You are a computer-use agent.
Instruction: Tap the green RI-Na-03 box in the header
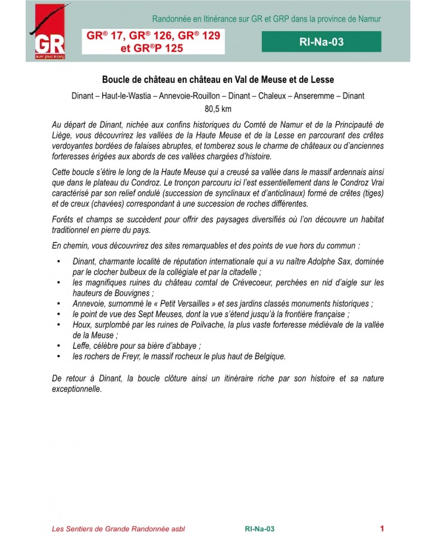(321, 41)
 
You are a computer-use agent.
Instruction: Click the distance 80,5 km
(218, 109)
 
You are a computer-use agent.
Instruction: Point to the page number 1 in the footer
(382, 528)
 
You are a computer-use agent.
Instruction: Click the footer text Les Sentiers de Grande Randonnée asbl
(121, 529)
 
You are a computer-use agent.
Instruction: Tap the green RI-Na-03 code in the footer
(259, 529)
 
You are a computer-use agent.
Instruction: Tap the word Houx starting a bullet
(81, 325)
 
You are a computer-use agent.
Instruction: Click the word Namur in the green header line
(369, 19)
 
